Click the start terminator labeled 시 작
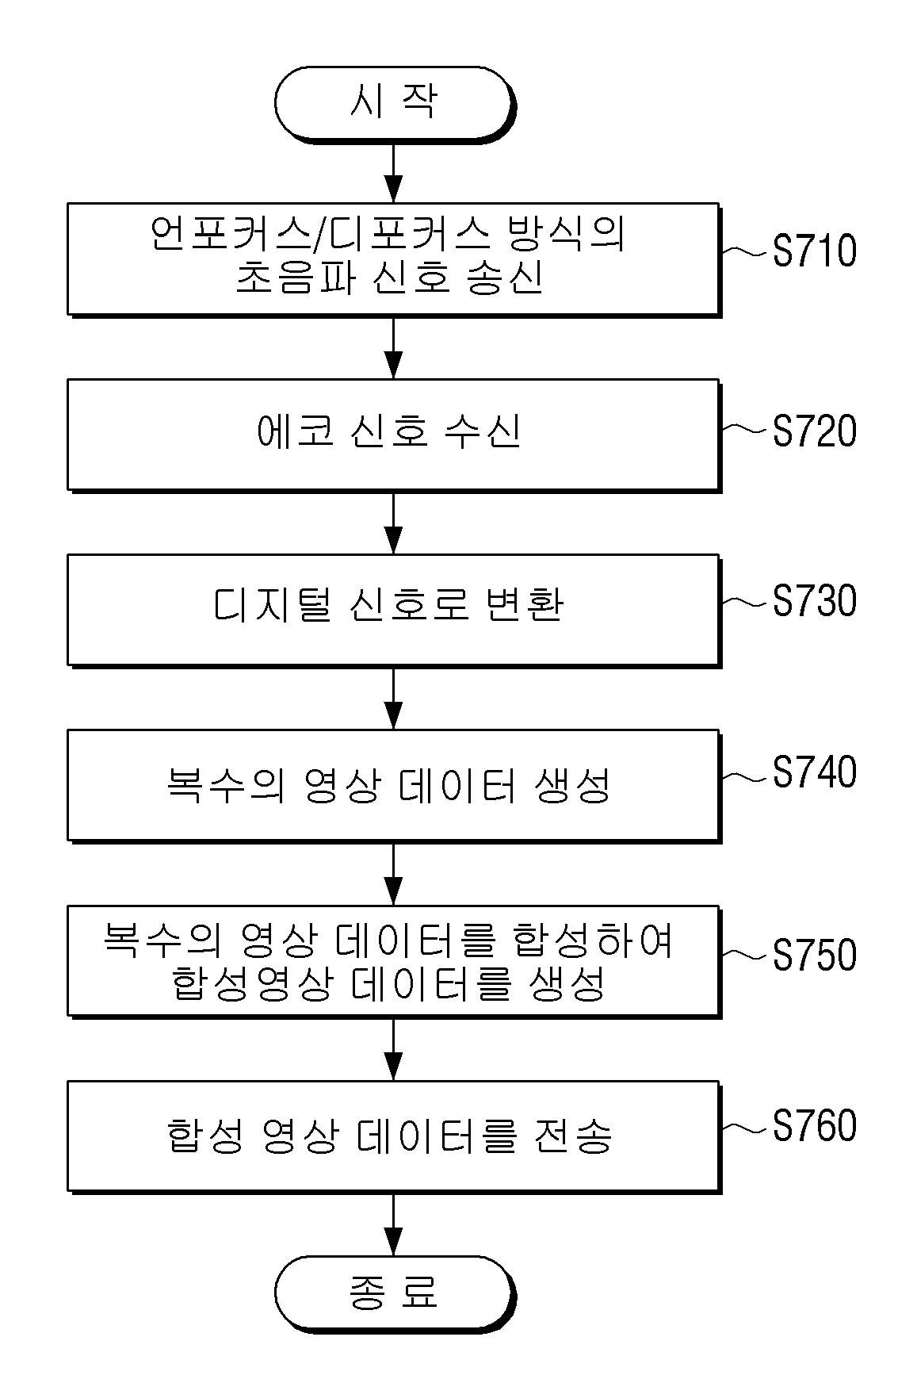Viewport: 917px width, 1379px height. coord(393,103)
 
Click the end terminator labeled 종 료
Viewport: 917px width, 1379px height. coord(393,1292)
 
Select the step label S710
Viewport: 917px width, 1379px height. coord(814,251)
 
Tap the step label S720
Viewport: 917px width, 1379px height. coord(814,431)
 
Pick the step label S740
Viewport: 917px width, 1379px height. coord(814,772)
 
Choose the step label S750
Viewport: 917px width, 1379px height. coord(814,955)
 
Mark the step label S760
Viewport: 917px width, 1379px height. coord(814,1126)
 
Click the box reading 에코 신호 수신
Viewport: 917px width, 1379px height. coord(393,434)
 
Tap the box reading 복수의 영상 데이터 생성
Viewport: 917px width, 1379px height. coord(393,784)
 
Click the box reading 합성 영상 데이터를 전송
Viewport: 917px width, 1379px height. coord(393,1135)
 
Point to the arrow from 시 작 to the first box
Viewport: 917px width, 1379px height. coord(393,172)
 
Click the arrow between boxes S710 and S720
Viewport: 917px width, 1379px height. coord(393,347)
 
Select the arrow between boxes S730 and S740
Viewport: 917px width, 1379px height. coord(393,698)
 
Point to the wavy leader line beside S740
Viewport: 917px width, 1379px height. coord(745,777)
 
